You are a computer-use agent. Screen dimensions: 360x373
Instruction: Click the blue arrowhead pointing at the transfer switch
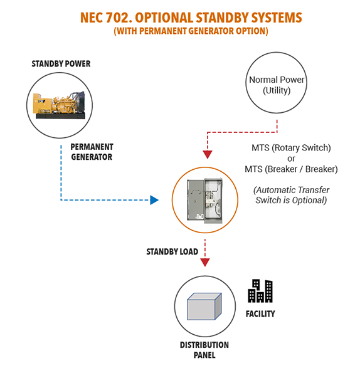pos(154,200)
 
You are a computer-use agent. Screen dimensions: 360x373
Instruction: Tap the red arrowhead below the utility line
pos(208,154)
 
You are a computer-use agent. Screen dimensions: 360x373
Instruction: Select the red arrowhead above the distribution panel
pos(205,263)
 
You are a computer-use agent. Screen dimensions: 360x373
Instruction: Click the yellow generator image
pos(59,105)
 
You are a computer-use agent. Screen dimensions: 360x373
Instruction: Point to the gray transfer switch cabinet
pos(205,201)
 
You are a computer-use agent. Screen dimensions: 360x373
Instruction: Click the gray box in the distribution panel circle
pos(204,306)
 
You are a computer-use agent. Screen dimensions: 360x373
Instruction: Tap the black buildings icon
pos(260,291)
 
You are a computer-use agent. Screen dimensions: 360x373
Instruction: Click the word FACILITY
pos(260,314)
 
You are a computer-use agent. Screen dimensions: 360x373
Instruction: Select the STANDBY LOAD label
pos(172,251)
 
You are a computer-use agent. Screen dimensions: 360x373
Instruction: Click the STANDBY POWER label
pos(61,64)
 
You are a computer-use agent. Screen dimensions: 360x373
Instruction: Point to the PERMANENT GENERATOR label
pos(92,152)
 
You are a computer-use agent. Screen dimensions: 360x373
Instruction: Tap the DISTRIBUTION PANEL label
pos(204,350)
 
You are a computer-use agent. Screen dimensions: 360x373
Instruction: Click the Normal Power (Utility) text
pos(277,85)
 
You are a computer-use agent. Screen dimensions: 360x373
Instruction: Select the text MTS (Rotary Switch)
pos(291,148)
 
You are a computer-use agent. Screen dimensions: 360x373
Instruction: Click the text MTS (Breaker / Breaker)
pos(291,169)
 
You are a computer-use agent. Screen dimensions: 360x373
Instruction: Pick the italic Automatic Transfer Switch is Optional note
pos(291,195)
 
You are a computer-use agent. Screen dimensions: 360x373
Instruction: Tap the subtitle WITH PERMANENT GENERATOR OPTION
pos(191,31)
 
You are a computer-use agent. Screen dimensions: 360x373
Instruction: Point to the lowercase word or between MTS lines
pos(291,159)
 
